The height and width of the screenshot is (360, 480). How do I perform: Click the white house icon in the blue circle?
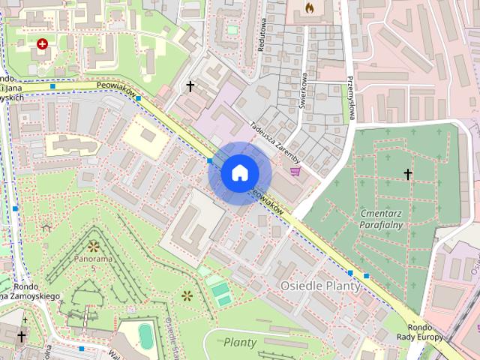click(238, 173)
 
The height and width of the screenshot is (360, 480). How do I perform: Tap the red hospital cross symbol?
click(42, 44)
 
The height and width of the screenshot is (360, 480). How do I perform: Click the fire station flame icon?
click(308, 8)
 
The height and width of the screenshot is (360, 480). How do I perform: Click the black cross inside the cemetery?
click(408, 175)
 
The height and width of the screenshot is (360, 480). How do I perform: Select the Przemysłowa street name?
click(349, 97)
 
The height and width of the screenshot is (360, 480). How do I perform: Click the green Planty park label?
click(240, 343)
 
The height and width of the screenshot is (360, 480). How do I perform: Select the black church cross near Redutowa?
click(190, 87)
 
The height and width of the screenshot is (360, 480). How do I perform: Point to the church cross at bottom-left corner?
click(22, 336)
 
